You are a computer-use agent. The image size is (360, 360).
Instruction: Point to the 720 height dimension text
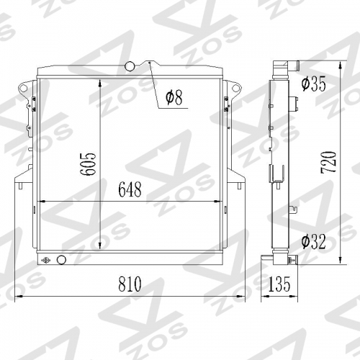pos(328,166)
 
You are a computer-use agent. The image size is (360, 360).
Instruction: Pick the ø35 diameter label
pos(314,84)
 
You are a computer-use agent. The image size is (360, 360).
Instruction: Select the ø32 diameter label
pos(314,241)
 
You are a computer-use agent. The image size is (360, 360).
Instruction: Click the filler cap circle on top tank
pos(130,66)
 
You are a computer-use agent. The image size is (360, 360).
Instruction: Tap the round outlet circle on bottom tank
pos(60,260)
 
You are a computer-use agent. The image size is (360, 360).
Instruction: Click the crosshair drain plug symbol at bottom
pos(47,260)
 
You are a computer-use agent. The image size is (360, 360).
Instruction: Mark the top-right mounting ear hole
pos(234,89)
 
